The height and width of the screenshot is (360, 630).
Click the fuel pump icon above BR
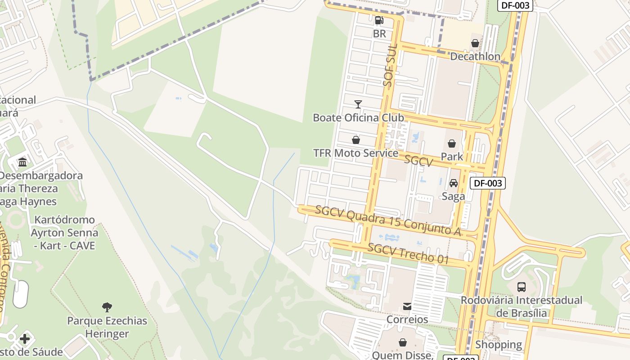coord(379,20)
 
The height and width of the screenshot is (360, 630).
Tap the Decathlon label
coord(475,57)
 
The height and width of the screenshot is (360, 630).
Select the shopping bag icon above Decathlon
coord(475,43)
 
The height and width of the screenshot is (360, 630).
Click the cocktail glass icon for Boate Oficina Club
coord(358,104)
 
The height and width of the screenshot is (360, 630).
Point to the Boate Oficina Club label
coord(358,118)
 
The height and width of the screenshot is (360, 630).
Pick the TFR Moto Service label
coord(355,153)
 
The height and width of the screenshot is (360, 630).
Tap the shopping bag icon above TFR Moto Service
coord(356,140)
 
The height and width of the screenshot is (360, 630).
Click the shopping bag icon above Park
coord(452,144)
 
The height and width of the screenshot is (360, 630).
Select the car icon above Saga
coord(454,183)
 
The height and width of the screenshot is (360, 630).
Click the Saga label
coord(453,196)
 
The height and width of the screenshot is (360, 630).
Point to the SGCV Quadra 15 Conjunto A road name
coord(388,221)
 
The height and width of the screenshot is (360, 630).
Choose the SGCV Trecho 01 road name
coord(408,253)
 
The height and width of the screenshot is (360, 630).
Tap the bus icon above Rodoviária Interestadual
coord(522,287)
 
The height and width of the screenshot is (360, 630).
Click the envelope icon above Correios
coord(407,306)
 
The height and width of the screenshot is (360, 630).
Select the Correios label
coord(407,319)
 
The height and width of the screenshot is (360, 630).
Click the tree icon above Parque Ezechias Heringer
coord(107,307)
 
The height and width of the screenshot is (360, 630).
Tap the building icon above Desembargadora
coord(22,162)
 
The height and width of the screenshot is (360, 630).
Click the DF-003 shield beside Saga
coord(488,183)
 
